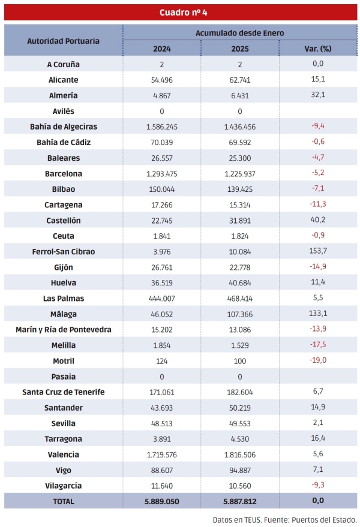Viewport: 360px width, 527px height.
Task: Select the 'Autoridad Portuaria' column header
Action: [x=64, y=41]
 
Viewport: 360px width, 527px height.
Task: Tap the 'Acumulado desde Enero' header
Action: [x=240, y=33]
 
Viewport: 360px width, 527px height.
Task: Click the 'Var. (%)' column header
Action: [x=318, y=49]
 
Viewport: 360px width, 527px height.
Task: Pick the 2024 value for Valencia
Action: [x=162, y=454]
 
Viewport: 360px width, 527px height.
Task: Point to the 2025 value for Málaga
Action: [x=240, y=314]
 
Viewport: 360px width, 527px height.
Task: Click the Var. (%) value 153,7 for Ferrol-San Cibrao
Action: [x=318, y=251]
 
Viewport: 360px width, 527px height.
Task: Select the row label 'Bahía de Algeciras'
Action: [x=64, y=127]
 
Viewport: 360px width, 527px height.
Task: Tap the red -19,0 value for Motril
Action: [x=318, y=360]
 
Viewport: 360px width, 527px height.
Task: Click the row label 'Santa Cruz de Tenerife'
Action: [x=64, y=392]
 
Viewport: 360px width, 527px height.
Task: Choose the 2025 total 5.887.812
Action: [x=240, y=501]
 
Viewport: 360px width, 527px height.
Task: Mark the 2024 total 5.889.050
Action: [x=162, y=501]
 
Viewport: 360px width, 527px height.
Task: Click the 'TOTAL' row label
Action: [x=64, y=501]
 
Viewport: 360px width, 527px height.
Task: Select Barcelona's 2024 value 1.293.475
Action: [x=162, y=173]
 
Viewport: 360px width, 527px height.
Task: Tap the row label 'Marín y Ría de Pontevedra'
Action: [x=64, y=329]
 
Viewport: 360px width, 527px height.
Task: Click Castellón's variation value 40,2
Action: [x=318, y=220]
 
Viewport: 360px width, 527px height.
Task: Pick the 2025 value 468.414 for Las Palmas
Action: [x=240, y=298]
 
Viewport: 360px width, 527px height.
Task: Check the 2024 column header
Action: [x=162, y=49]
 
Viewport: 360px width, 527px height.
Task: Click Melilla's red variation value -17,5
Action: [x=318, y=345]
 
